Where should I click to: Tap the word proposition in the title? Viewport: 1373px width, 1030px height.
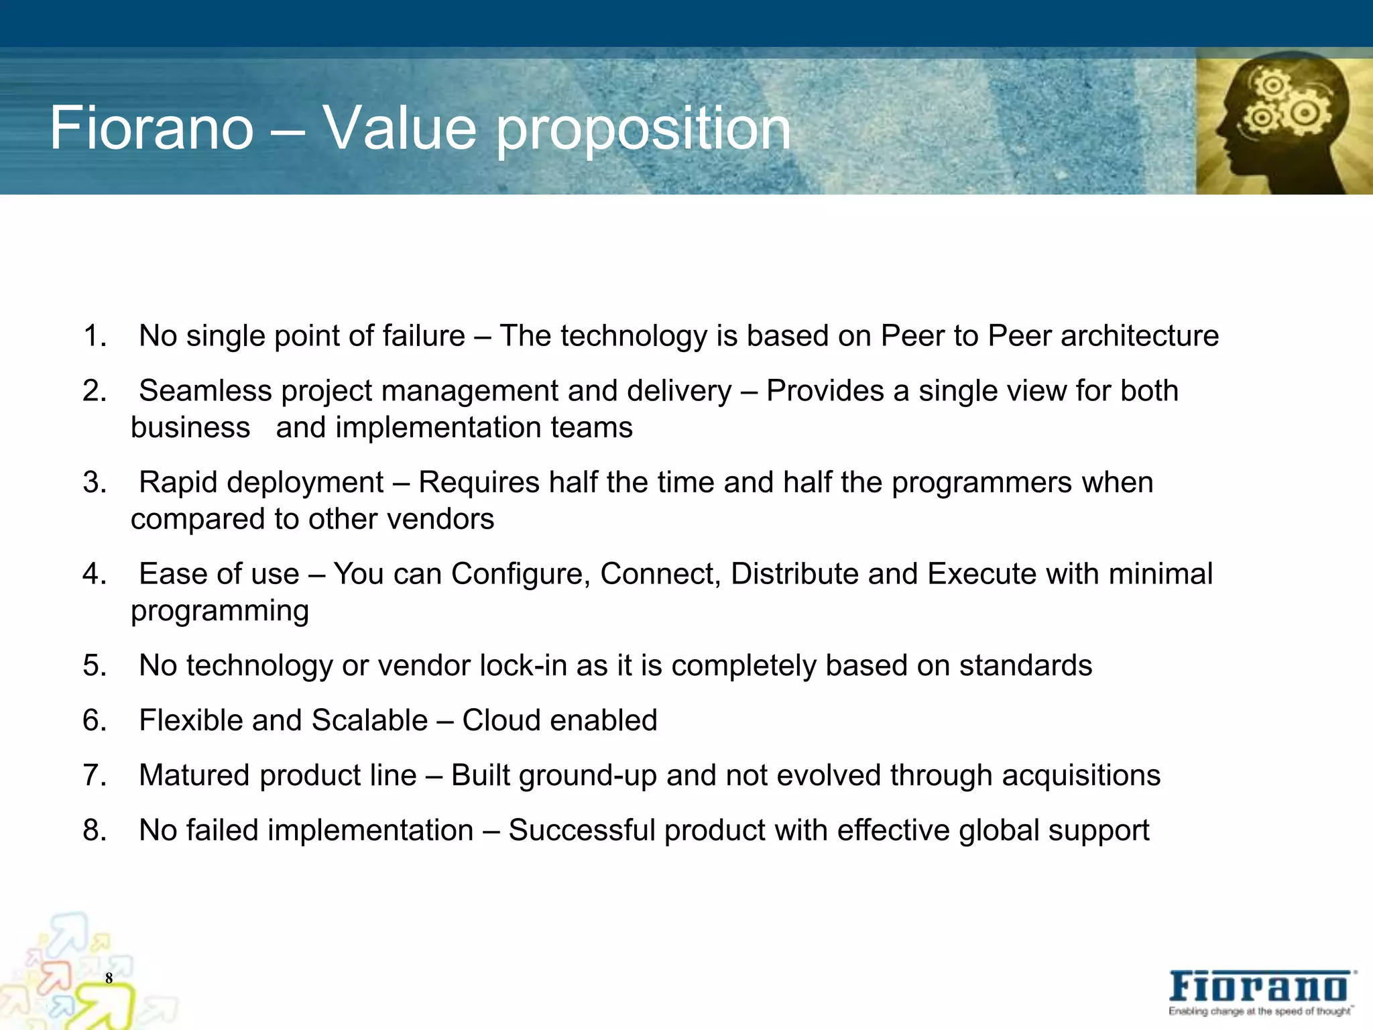[x=643, y=130]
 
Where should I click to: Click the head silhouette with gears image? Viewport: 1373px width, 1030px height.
[x=1283, y=125]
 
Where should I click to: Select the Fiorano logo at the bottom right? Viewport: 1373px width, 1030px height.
[x=1261, y=988]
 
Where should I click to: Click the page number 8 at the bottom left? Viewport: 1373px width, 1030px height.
[x=109, y=978]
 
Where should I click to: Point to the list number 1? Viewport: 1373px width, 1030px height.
[x=94, y=336]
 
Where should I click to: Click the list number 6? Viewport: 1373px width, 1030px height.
[x=94, y=721]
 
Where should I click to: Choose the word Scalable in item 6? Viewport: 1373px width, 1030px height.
[x=369, y=721]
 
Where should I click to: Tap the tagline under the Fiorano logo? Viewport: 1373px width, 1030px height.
[x=1260, y=1012]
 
